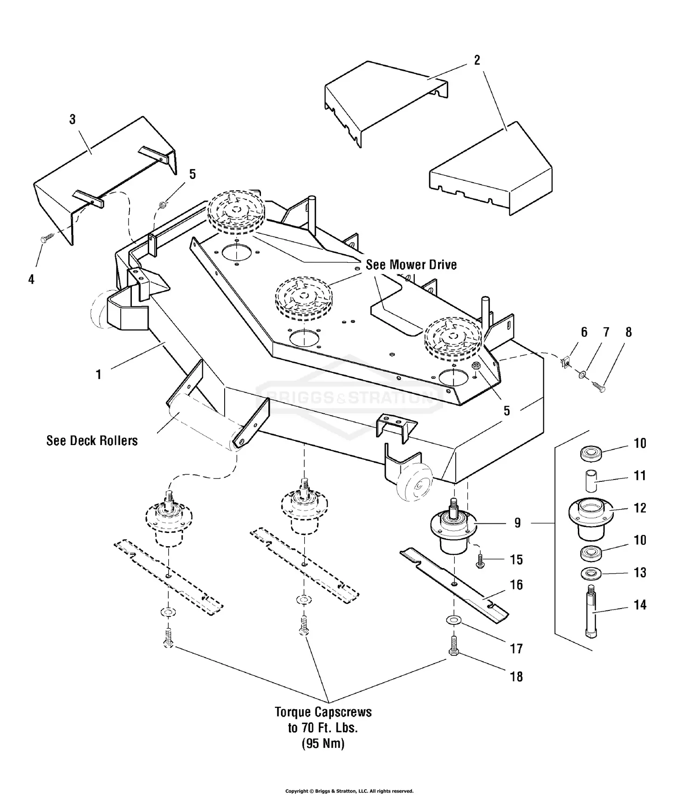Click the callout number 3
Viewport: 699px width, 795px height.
click(x=72, y=120)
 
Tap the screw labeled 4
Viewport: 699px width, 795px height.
click(x=48, y=238)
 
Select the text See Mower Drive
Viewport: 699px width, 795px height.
click(x=411, y=265)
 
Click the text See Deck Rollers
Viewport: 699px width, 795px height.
click(x=92, y=441)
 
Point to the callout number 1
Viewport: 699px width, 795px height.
click(x=98, y=375)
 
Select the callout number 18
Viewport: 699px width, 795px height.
click(x=516, y=676)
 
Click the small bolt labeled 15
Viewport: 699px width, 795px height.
click(x=480, y=561)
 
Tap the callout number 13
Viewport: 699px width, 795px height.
click(x=640, y=572)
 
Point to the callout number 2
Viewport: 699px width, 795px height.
click(x=477, y=61)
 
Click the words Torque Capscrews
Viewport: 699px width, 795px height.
click(x=323, y=713)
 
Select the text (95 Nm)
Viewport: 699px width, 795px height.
click(x=323, y=743)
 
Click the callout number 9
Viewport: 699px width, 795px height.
click(x=517, y=523)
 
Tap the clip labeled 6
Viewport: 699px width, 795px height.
click(x=565, y=361)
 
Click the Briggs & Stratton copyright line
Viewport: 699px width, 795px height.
click(x=349, y=791)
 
